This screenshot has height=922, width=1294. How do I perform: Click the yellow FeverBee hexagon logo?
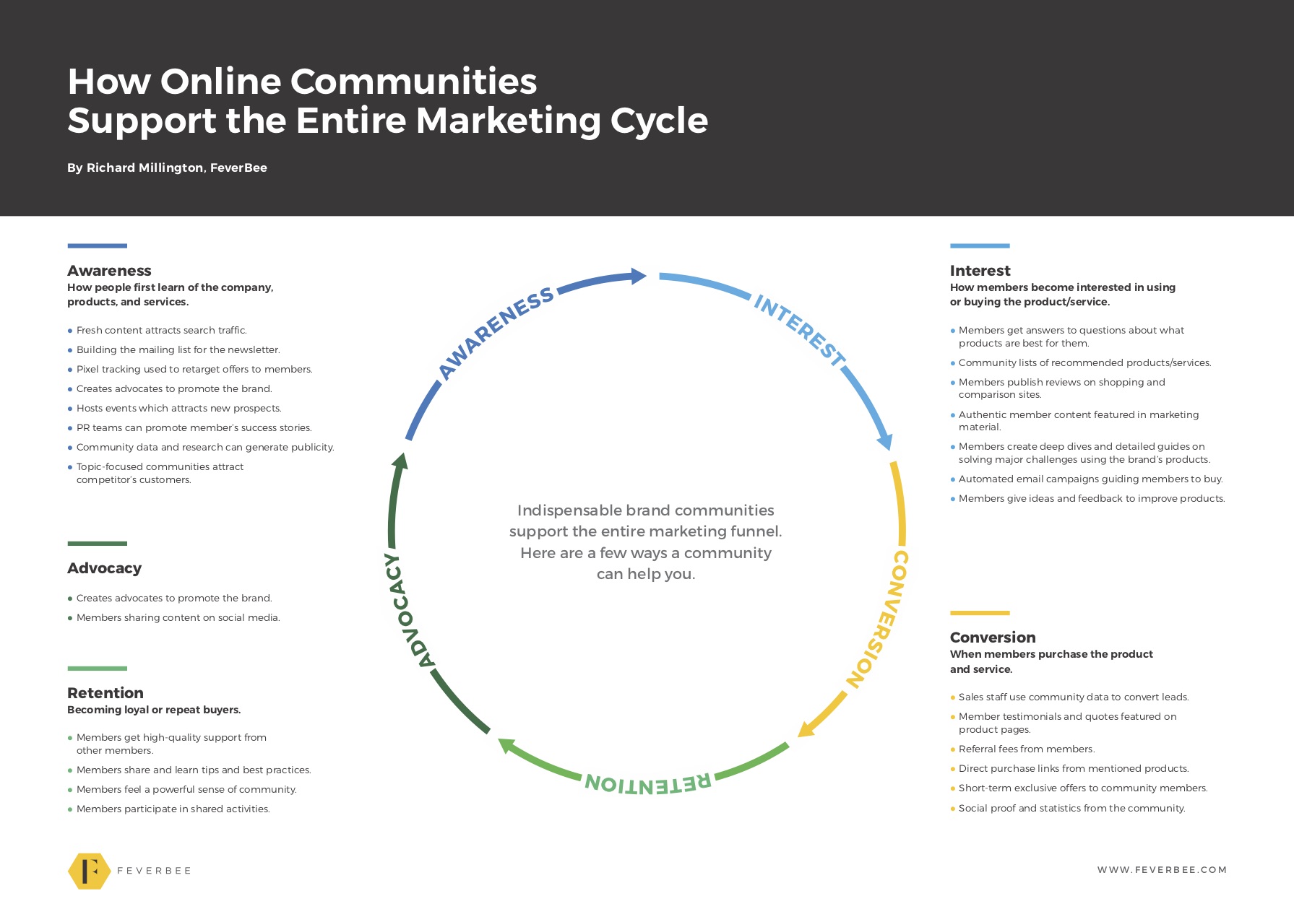pos(89,871)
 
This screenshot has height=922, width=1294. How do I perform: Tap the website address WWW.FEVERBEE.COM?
pos(1162,870)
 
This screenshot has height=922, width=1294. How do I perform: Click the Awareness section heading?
pos(109,271)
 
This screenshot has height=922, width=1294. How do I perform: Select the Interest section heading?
pos(980,271)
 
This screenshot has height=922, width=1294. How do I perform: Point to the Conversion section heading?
pos(993,638)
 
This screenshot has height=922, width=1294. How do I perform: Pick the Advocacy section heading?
pos(104,568)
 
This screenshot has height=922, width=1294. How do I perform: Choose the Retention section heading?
pos(105,693)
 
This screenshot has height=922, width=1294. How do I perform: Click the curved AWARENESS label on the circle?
pos(496,333)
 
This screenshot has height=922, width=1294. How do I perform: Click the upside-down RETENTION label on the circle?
pos(648,783)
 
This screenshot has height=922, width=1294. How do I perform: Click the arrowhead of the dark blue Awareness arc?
pos(638,276)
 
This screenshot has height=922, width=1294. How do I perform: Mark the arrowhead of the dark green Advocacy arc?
pos(400,461)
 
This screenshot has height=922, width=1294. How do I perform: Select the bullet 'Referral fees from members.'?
pos(1022,749)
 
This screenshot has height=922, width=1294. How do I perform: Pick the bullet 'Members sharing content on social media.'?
pos(173,618)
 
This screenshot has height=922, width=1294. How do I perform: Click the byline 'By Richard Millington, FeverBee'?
pos(167,168)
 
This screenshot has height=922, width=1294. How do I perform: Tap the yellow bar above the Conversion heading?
pos(980,613)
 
